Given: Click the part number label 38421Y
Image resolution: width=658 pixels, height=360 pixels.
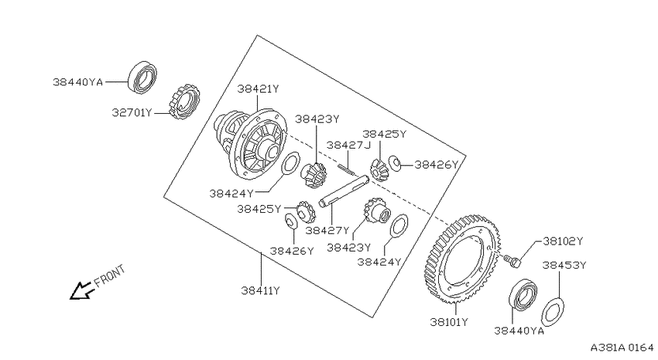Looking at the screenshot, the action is tap(258, 89).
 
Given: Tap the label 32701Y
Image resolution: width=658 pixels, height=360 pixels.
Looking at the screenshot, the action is tap(132, 113).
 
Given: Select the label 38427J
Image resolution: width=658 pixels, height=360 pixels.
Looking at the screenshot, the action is tap(348, 146).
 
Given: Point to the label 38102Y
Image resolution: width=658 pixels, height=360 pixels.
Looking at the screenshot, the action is tap(563, 242).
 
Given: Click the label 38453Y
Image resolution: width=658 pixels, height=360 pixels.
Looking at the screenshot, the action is tap(564, 266).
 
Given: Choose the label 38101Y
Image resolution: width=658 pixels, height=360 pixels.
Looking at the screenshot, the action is tap(448, 322).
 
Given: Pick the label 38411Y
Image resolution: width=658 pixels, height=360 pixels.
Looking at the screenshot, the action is tap(260, 290).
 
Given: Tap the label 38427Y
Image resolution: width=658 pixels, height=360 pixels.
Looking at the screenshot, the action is tap(327, 231).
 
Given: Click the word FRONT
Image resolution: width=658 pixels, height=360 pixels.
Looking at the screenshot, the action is tap(109, 276).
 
